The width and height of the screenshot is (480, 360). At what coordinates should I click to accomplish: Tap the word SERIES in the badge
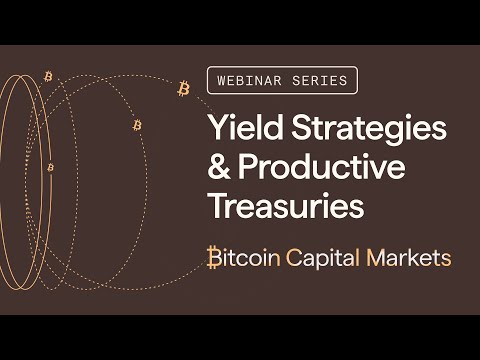[322, 80]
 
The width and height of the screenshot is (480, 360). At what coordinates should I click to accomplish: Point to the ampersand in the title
[219, 168]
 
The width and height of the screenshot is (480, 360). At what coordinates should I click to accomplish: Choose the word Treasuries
[285, 206]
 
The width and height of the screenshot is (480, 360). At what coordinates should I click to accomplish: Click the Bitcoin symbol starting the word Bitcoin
[214, 257]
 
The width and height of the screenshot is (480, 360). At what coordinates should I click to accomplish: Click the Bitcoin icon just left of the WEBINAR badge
[183, 89]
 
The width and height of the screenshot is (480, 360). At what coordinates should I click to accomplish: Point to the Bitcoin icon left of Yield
[137, 125]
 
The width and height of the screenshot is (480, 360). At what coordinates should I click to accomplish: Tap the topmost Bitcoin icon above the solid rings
[48, 76]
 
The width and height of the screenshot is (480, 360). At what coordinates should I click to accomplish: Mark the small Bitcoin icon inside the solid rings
[50, 167]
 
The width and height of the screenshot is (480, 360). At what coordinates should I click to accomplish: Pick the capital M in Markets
[377, 257]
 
